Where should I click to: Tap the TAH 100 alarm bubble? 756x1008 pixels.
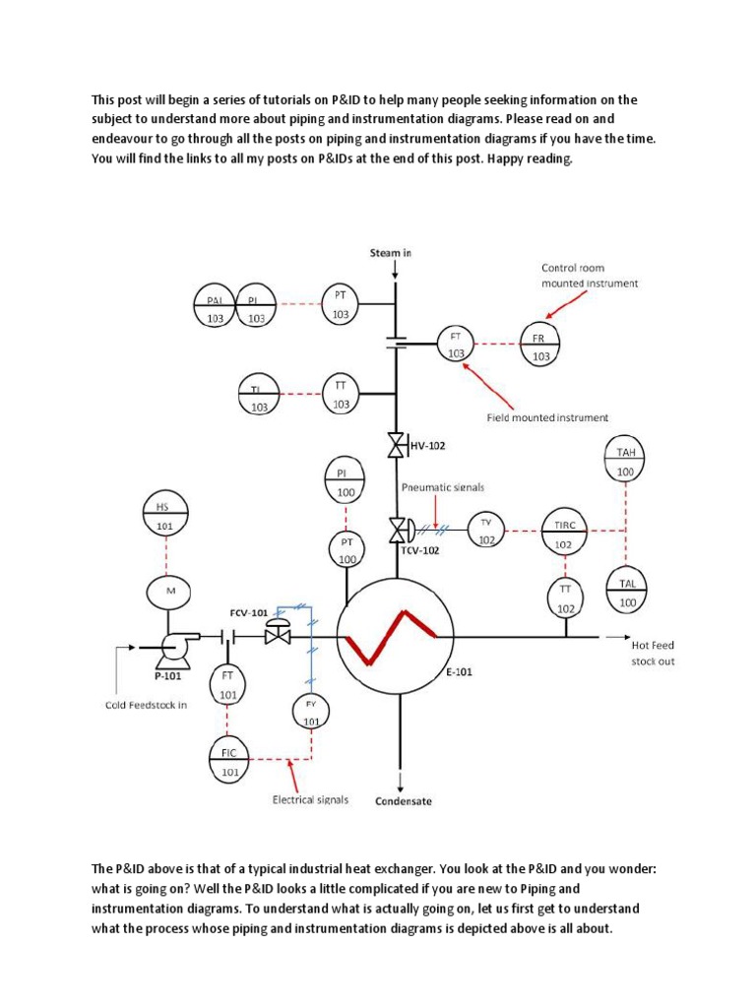pyautogui.click(x=627, y=461)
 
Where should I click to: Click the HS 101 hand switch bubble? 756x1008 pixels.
pyautogui.click(x=165, y=515)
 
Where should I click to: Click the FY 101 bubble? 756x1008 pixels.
pyautogui.click(x=312, y=710)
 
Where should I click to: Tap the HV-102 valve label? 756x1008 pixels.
pyautogui.click(x=427, y=446)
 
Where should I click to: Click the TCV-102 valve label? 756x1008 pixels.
pyautogui.click(x=419, y=550)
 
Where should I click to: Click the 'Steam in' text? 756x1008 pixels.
pyautogui.click(x=390, y=252)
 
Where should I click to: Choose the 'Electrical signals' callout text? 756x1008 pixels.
pyautogui.click(x=310, y=799)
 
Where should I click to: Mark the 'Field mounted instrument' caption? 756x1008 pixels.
pyautogui.click(x=547, y=416)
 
